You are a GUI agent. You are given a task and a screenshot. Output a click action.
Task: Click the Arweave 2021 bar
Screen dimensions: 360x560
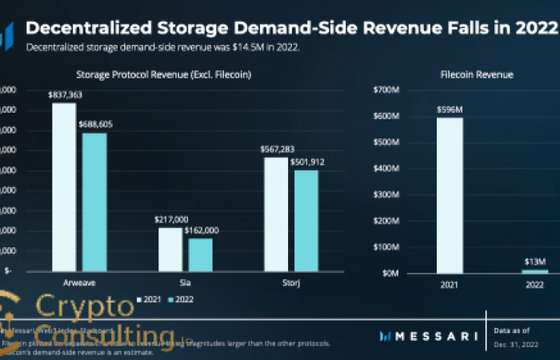coord(64,187)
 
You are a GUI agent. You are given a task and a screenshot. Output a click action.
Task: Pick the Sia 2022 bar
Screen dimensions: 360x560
coord(200,255)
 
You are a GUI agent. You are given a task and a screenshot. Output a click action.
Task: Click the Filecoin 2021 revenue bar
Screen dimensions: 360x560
coord(450,195)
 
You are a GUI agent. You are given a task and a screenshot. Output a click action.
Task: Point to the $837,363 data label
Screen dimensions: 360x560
coord(64,95)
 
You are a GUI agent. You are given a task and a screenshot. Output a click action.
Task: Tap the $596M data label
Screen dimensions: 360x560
coord(450,110)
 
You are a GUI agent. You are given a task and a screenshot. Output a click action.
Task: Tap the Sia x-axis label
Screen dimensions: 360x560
coord(185,282)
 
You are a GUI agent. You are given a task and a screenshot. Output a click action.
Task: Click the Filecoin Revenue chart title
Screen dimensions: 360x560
coord(477,74)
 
